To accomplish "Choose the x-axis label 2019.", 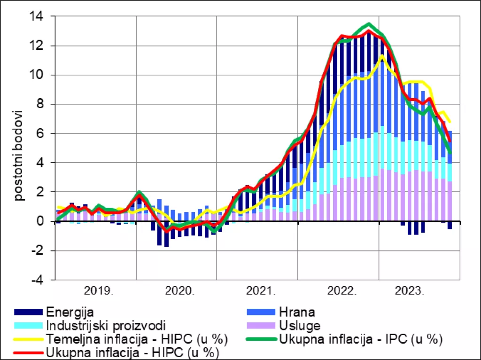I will click(x=98, y=290).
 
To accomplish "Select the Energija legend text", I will click(x=70, y=312).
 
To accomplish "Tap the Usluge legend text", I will click(x=300, y=325).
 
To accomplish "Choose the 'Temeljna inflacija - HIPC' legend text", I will click(x=137, y=338).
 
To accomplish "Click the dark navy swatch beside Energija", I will click(x=28, y=312).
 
